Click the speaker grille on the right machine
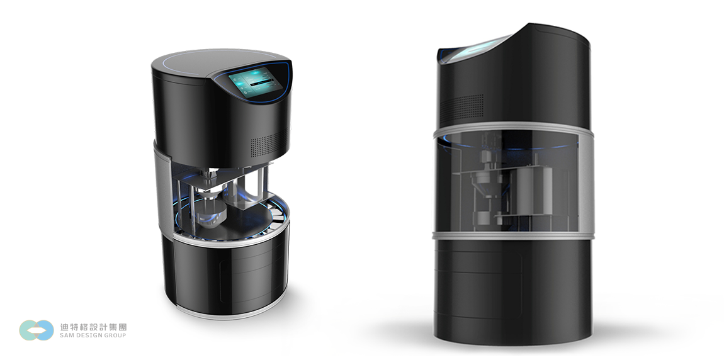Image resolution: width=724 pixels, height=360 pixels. pyautogui.click(x=461, y=107)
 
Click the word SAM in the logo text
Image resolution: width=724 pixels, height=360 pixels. pyautogui.click(x=67, y=335)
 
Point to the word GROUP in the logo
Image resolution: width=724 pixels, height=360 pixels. pyautogui.click(x=116, y=335)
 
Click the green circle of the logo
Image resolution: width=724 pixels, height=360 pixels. pyautogui.click(x=28, y=330)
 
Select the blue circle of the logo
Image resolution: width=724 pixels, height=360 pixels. pyautogui.click(x=45, y=330)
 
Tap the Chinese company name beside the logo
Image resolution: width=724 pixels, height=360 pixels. pyautogui.click(x=93, y=327)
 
